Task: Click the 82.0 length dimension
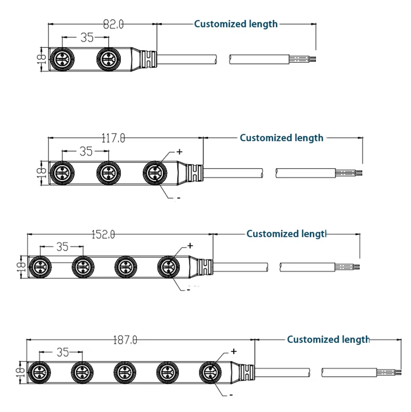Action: [x=113, y=25]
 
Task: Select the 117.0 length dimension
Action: [x=113, y=138]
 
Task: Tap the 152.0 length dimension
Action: [x=103, y=234]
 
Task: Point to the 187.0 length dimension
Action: [x=125, y=340]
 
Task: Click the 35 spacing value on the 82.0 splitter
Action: [x=87, y=38]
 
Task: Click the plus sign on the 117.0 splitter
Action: [x=179, y=151]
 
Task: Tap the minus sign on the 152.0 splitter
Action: [x=188, y=290]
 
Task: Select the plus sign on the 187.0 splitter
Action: [x=234, y=351]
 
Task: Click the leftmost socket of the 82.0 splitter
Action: [x=62, y=60]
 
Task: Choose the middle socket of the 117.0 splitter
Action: [x=109, y=173]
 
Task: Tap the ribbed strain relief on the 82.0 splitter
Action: [x=148, y=60]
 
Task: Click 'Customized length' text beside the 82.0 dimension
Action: [x=236, y=24]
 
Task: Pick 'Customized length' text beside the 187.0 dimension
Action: [x=328, y=339]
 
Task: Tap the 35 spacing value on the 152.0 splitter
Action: [x=62, y=247]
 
